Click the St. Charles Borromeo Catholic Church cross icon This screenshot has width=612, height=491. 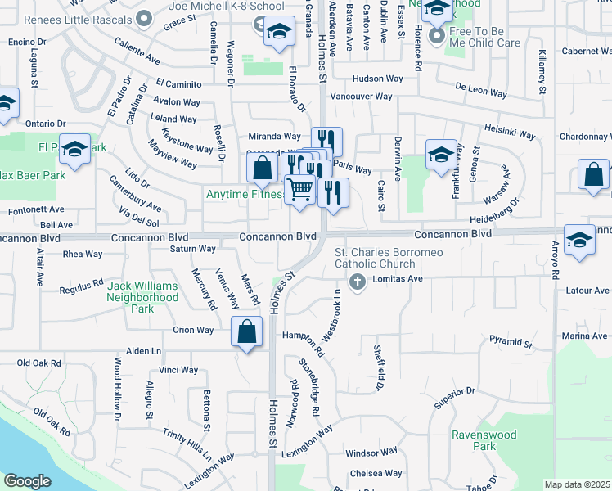pos(357,282)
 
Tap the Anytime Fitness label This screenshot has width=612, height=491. pos(245,195)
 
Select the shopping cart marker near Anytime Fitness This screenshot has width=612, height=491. pos(300,190)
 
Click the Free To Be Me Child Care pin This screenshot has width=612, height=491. pos(436,35)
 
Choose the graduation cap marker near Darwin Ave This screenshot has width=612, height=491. pos(441,155)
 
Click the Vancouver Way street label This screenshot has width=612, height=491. pos(361,97)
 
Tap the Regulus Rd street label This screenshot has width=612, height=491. pos(82,286)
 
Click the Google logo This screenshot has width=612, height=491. pos(27,481)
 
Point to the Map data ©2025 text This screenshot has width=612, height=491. pos(577,484)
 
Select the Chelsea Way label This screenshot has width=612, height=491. pos(376,473)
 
